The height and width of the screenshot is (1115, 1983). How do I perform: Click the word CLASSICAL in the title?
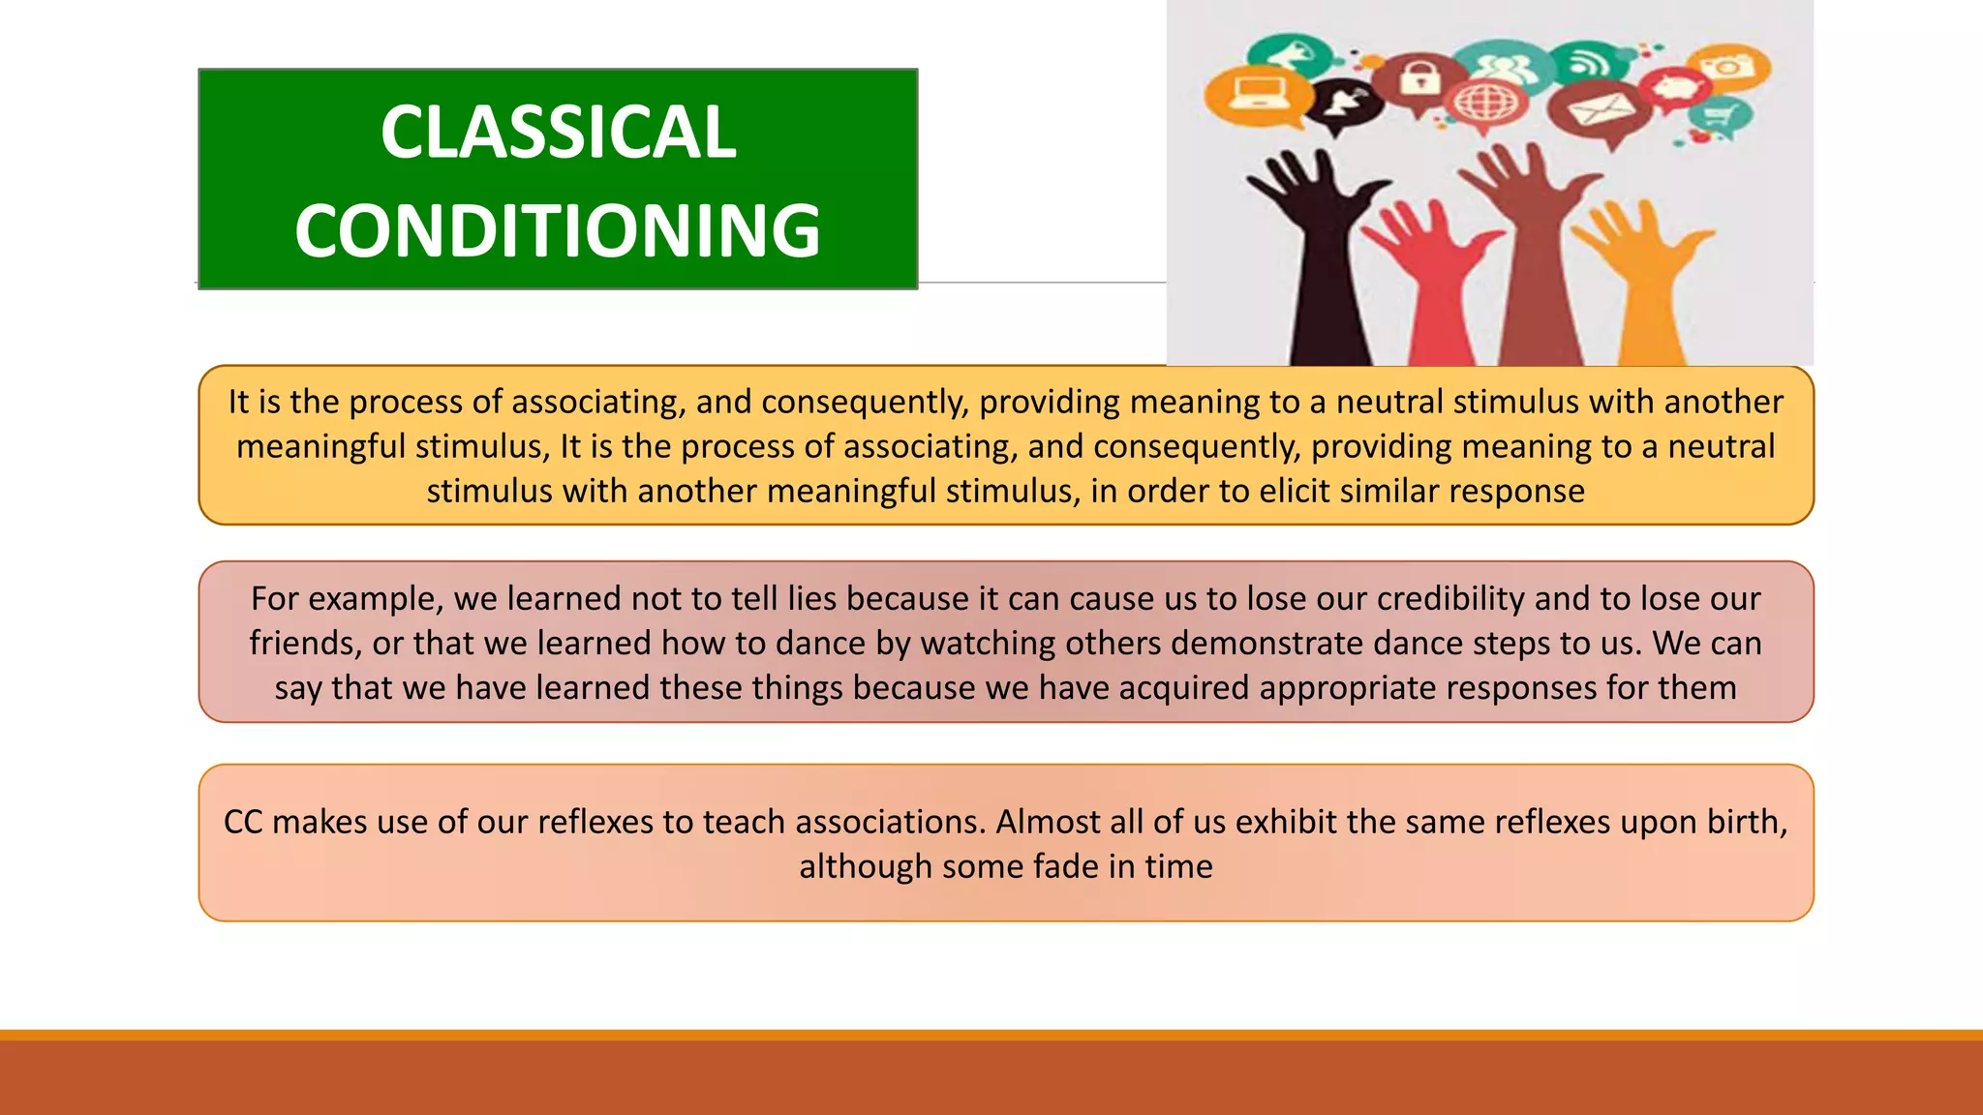(558, 133)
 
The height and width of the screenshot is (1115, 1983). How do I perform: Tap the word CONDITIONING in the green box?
(558, 230)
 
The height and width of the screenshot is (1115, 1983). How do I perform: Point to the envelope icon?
(1599, 109)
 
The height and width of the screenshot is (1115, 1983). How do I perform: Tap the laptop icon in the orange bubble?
(1258, 93)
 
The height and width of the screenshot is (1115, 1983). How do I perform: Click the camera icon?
(1728, 67)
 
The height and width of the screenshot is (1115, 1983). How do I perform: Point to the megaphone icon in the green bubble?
(1286, 53)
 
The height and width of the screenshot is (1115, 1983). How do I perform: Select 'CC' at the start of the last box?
(242, 822)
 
